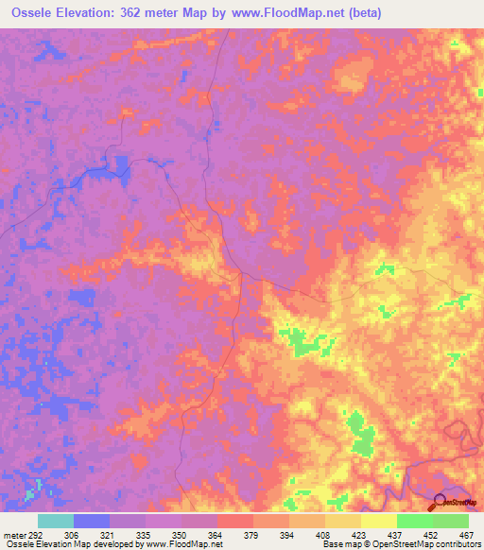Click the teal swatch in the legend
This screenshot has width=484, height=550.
56,521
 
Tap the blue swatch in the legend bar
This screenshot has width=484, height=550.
92,521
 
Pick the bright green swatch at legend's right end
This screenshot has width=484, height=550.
451,521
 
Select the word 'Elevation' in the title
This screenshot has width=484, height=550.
87,12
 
